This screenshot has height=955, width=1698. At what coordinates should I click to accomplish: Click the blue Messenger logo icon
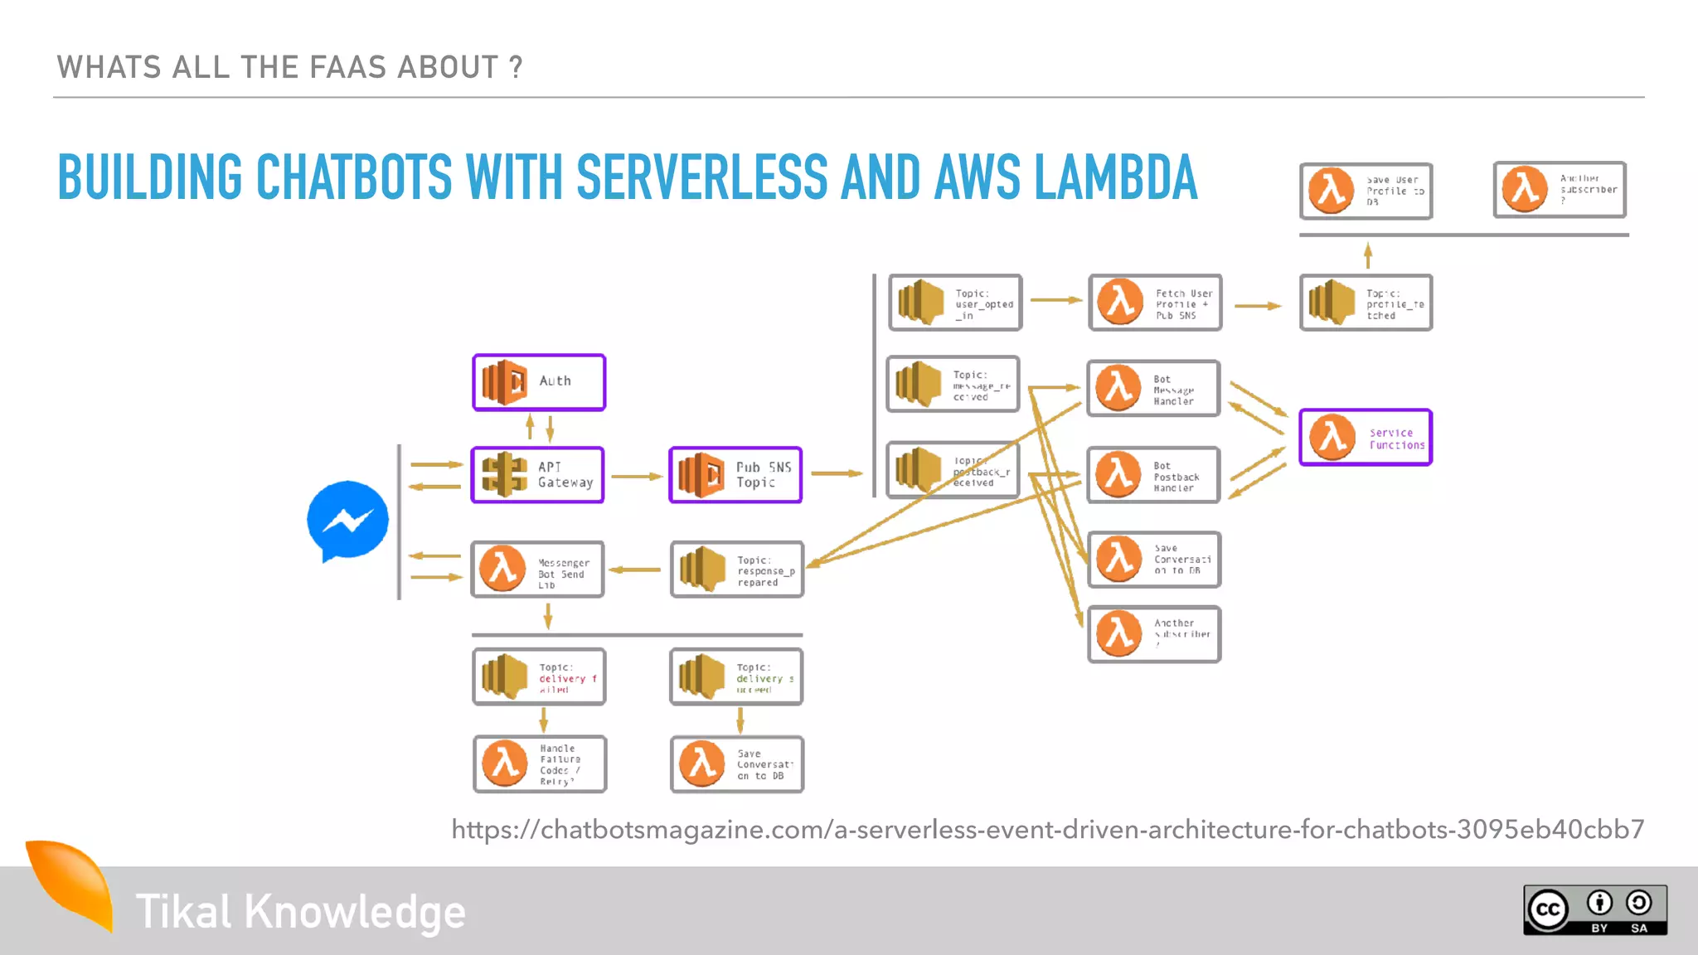347,521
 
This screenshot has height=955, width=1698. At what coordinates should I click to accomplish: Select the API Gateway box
537,475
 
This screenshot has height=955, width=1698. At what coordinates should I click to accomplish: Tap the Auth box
539,382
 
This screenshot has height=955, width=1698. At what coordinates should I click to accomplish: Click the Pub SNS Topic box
735,475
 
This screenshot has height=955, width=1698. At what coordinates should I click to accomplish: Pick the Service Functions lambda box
1366,438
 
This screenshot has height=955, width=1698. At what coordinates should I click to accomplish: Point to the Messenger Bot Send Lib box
537,570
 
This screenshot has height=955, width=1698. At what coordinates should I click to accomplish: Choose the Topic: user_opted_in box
955,303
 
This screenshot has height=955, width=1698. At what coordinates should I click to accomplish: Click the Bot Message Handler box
1153,388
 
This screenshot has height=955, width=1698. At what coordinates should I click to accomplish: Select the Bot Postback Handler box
1153,475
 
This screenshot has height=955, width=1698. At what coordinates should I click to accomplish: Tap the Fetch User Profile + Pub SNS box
1155,303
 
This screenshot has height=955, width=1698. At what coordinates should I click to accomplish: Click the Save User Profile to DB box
1366,191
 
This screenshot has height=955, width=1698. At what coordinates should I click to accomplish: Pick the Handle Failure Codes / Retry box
539,764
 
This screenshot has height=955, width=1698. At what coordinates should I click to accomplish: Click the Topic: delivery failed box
539,677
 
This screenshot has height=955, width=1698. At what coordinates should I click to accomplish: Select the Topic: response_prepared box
737,570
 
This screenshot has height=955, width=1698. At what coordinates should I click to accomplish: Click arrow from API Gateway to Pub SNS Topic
636,477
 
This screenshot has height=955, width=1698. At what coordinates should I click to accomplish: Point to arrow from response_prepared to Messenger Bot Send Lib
636,570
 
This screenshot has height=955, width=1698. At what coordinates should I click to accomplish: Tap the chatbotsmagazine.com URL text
1047,829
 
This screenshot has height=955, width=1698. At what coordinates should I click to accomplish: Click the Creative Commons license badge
1594,910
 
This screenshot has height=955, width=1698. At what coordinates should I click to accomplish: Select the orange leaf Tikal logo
72,884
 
